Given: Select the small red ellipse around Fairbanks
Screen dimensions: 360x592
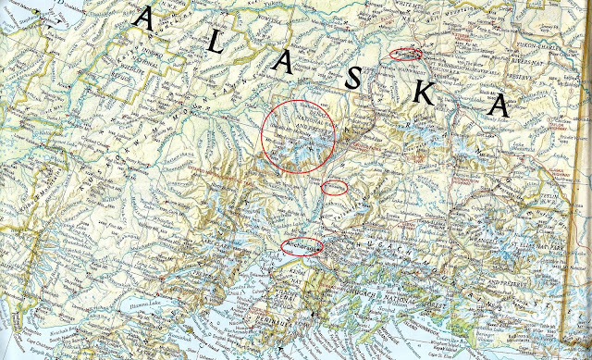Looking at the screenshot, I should coord(405,54).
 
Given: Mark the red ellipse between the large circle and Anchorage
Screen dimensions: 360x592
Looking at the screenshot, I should coord(334,188).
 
